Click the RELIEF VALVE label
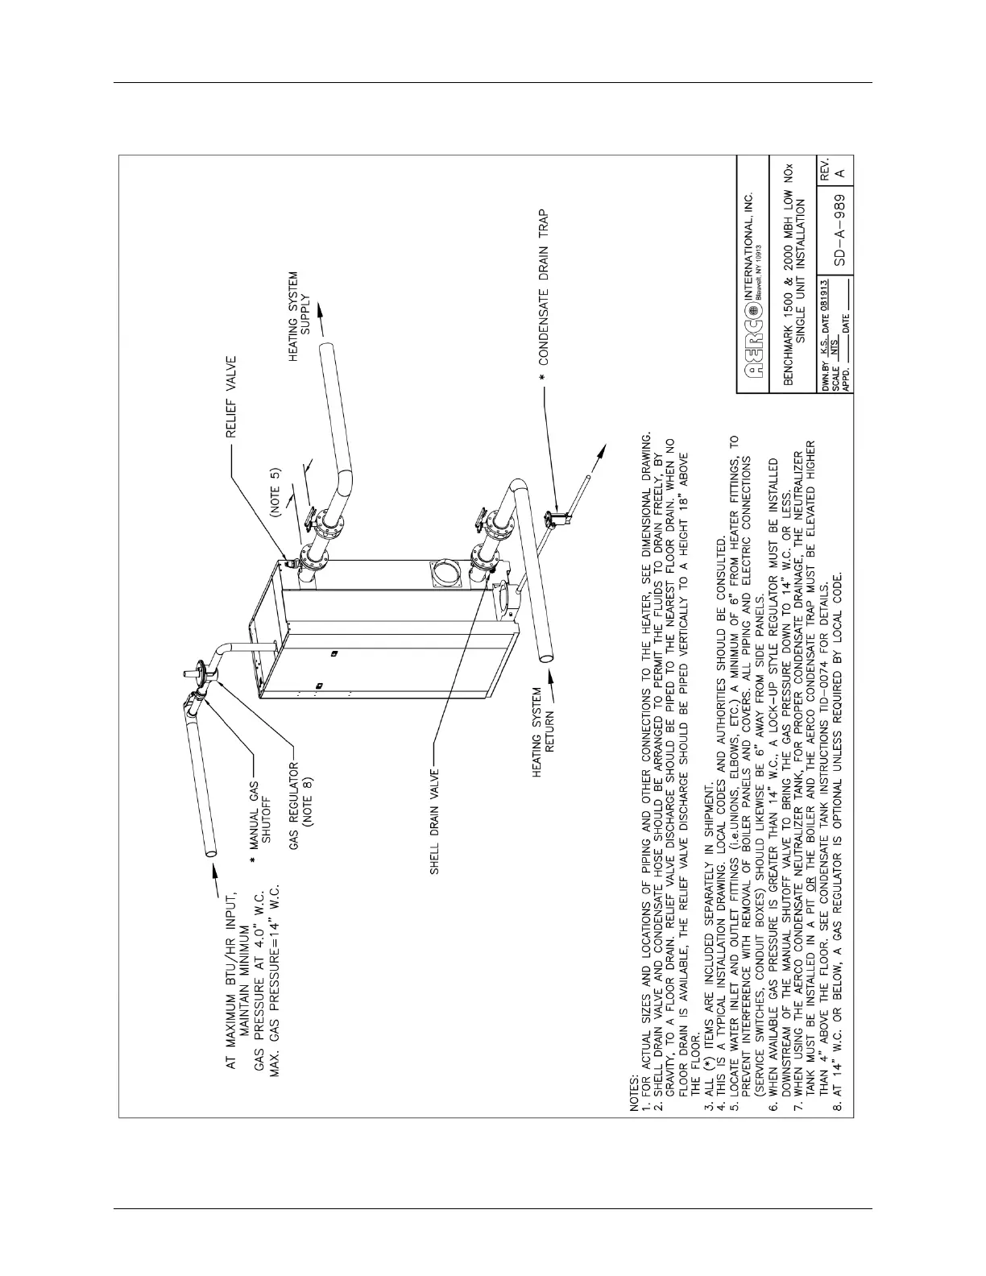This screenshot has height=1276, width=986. (230, 397)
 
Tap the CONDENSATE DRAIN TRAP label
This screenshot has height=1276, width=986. (543, 288)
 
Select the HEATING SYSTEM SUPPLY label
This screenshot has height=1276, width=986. (299, 316)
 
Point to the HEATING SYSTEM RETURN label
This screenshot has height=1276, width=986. (544, 733)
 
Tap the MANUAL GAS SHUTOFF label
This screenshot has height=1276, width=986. (259, 829)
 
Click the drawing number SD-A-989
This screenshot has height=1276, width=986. (839, 230)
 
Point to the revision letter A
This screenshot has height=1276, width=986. (839, 173)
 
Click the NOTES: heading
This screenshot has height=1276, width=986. (634, 1093)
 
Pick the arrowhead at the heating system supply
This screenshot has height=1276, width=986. (321, 312)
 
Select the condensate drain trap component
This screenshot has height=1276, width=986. (558, 517)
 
